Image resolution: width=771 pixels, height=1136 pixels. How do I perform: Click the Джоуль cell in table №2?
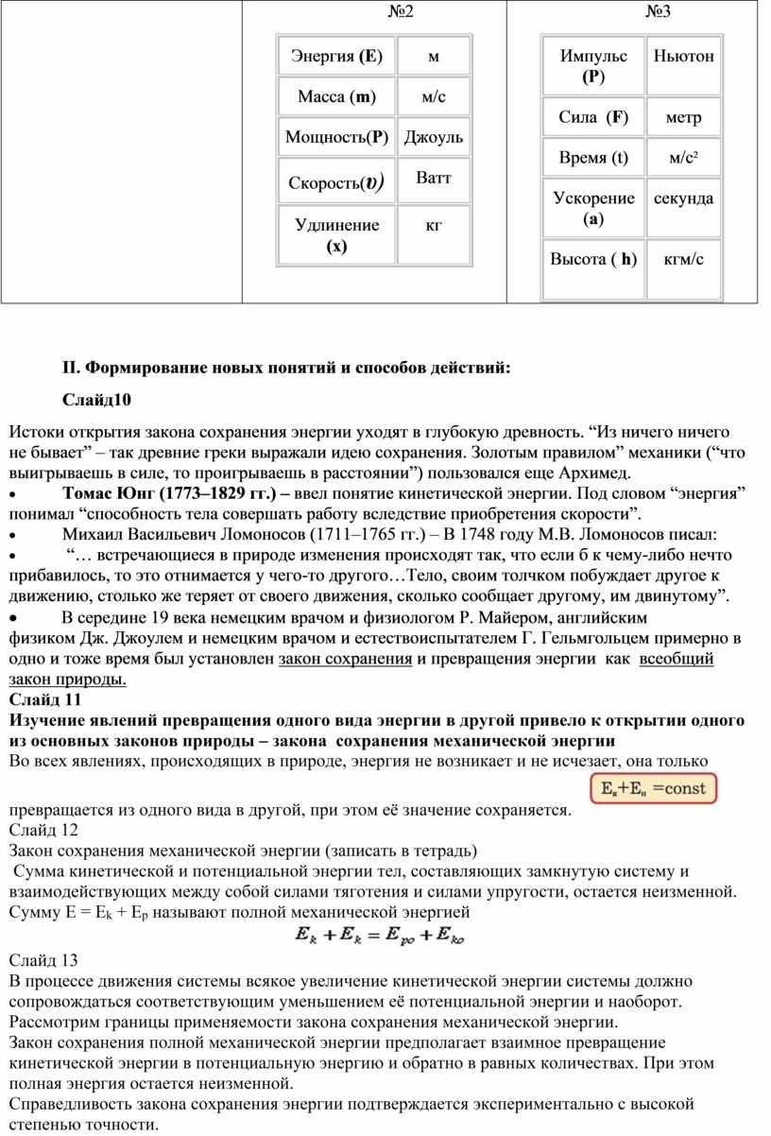pyautogui.click(x=434, y=138)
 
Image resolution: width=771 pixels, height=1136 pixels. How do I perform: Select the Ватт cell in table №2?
pyautogui.click(x=434, y=178)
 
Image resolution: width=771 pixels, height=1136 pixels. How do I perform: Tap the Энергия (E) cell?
pyautogui.click(x=337, y=57)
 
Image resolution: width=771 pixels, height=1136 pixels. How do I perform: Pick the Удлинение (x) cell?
pyautogui.click(x=337, y=235)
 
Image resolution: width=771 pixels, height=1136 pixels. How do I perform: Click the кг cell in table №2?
pyautogui.click(x=434, y=226)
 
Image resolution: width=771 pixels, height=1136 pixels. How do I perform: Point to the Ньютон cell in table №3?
pyautogui.click(x=683, y=57)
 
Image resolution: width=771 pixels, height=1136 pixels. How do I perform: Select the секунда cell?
pyautogui.click(x=683, y=198)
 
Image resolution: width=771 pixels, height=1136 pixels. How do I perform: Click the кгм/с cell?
pyautogui.click(x=683, y=259)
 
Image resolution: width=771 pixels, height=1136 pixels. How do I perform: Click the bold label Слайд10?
pyautogui.click(x=98, y=401)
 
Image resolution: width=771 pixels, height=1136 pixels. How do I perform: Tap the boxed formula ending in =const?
pyautogui.click(x=653, y=787)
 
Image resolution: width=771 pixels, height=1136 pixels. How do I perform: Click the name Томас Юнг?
pyautogui.click(x=111, y=494)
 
